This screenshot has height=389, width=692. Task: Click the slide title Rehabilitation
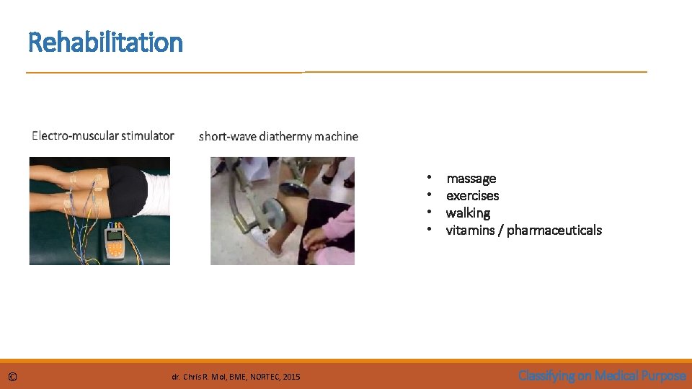click(x=105, y=43)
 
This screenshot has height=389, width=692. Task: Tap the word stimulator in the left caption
click(x=147, y=135)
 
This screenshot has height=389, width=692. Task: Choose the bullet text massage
click(x=471, y=179)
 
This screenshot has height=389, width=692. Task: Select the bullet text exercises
click(x=472, y=196)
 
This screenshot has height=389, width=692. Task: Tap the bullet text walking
click(x=468, y=213)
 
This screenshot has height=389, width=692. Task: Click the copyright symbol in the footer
click(x=12, y=376)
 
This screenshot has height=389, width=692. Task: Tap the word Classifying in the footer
click(x=548, y=375)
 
